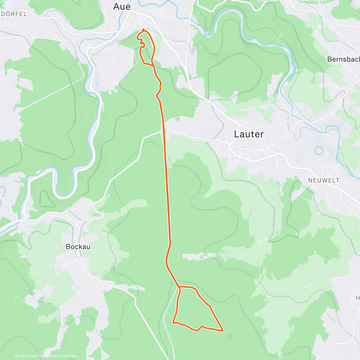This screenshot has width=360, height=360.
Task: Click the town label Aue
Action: pos(122,7)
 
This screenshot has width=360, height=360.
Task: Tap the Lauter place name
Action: pos(249,134)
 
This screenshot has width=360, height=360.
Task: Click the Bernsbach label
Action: pos(343,59)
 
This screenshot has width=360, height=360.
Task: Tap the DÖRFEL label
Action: pos(14,14)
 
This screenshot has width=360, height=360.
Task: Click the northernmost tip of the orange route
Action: pos(143,29)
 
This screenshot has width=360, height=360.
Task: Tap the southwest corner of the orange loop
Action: pos(173,322)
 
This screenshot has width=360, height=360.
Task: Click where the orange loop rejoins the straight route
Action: pos(180,287)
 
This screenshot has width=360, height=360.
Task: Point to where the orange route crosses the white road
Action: pos(164,130)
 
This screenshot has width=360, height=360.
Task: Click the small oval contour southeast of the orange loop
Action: pos(230,337)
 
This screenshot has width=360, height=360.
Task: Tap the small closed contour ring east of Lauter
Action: pos(319,150)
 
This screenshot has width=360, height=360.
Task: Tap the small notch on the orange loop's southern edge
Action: pos(203,326)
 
